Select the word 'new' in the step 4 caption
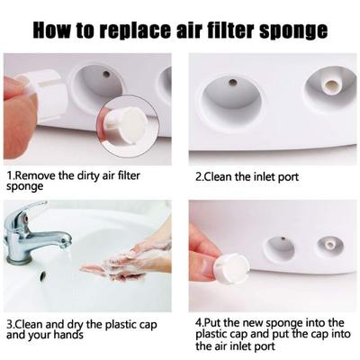[x=250, y=321]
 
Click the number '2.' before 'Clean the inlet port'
[x=200, y=177]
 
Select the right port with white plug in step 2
[x=326, y=87]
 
